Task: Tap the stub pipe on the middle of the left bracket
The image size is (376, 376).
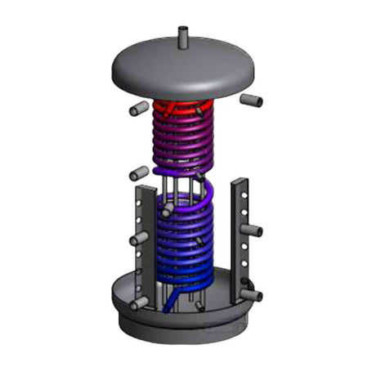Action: pyautogui.click(x=139, y=238)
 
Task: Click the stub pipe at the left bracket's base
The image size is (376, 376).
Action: pyautogui.click(x=139, y=302)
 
